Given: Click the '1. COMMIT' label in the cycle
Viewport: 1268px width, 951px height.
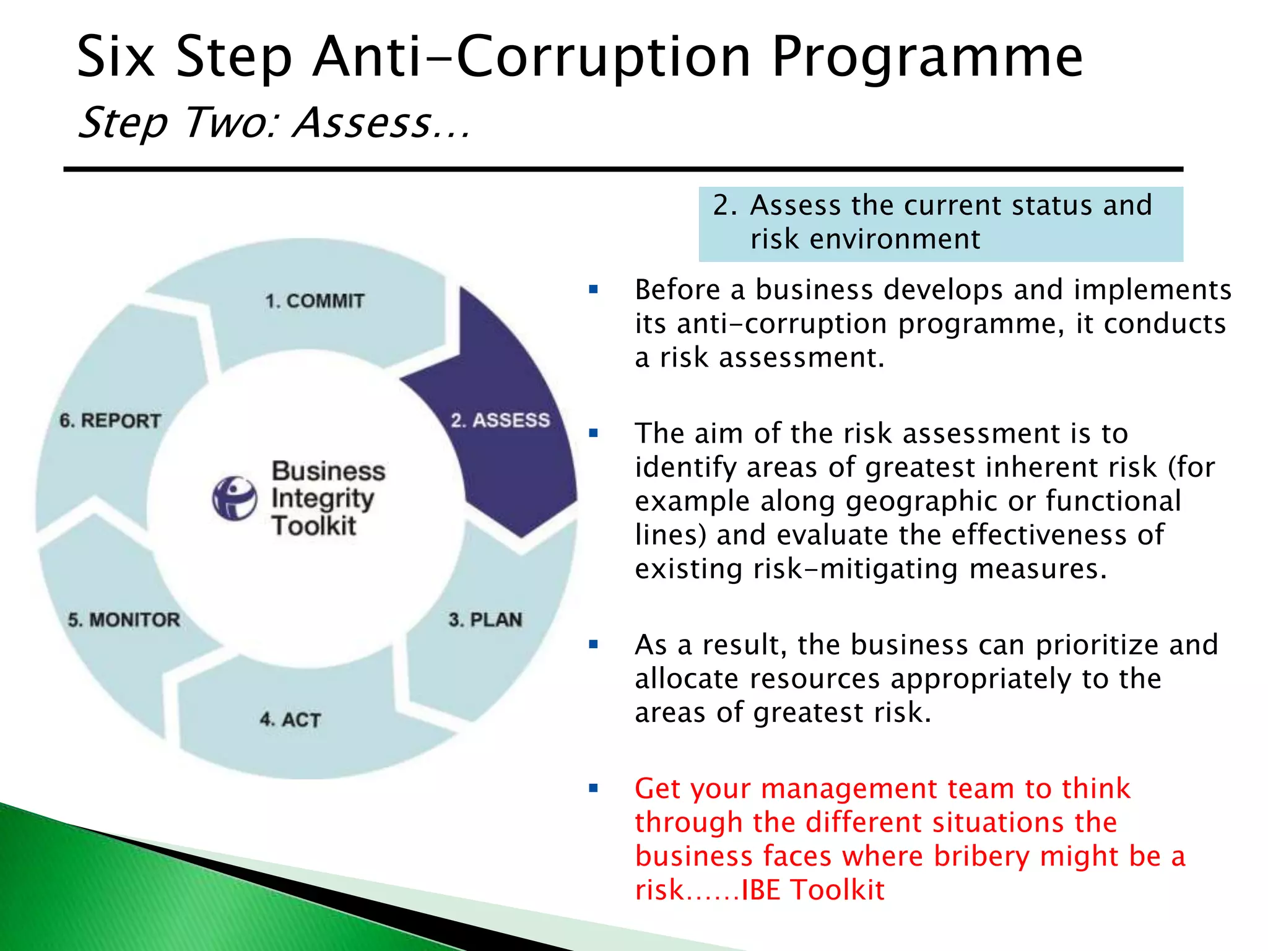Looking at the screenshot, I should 315,301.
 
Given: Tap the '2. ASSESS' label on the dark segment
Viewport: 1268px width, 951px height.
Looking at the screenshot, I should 500,420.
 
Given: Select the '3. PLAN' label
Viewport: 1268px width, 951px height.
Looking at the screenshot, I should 485,620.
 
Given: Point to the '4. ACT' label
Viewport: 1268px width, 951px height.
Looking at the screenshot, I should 290,719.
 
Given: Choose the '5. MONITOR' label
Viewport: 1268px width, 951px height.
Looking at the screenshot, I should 124,620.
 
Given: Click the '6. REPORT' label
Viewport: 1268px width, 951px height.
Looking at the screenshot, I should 110,421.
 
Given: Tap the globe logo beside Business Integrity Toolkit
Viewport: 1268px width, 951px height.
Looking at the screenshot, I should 235,498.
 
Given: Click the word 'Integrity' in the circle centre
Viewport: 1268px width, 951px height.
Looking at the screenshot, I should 323,498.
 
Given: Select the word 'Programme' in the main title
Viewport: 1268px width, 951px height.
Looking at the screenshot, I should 927,58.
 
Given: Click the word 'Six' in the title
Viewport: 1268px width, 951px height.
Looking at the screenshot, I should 115,58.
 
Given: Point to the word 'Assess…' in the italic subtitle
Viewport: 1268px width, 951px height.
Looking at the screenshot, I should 381,123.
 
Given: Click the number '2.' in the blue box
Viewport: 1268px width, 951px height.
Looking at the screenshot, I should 725,206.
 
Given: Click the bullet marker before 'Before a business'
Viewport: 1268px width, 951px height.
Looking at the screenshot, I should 593,289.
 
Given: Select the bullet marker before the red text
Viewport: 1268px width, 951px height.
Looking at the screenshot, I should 593,788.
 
